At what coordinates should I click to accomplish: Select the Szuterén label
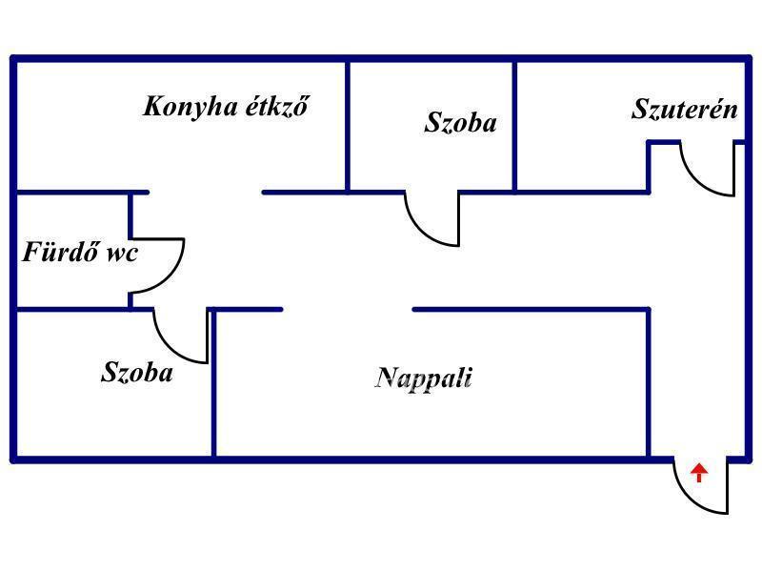684,110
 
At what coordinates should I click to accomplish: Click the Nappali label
424,378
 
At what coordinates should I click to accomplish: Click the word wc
121,254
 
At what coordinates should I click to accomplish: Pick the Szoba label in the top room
460,123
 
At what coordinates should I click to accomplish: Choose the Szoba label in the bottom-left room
137,372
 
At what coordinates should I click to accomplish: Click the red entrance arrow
699,472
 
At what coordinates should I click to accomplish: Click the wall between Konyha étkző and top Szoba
348,125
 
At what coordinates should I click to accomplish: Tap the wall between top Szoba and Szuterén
514,125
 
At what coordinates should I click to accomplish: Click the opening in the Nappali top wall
348,309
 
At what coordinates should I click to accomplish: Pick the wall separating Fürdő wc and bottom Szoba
72,308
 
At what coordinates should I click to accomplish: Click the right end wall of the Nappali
650,381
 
